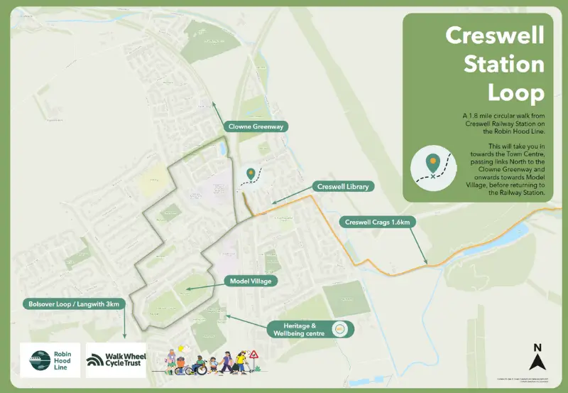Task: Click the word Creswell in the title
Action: click(495, 35)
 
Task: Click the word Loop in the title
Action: click(515, 92)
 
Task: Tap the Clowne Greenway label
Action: click(256, 126)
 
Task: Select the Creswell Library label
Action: click(345, 186)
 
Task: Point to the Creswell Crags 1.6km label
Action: click(378, 222)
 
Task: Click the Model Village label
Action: click(251, 281)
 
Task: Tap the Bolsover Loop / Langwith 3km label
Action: click(75, 303)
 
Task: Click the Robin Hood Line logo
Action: click(50, 360)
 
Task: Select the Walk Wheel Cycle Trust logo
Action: click(116, 360)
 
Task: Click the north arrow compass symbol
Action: click(537, 362)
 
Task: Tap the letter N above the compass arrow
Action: click(537, 348)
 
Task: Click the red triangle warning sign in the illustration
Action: click(251, 355)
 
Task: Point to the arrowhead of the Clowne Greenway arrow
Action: click(214, 105)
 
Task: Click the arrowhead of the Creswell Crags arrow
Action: click(427, 264)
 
